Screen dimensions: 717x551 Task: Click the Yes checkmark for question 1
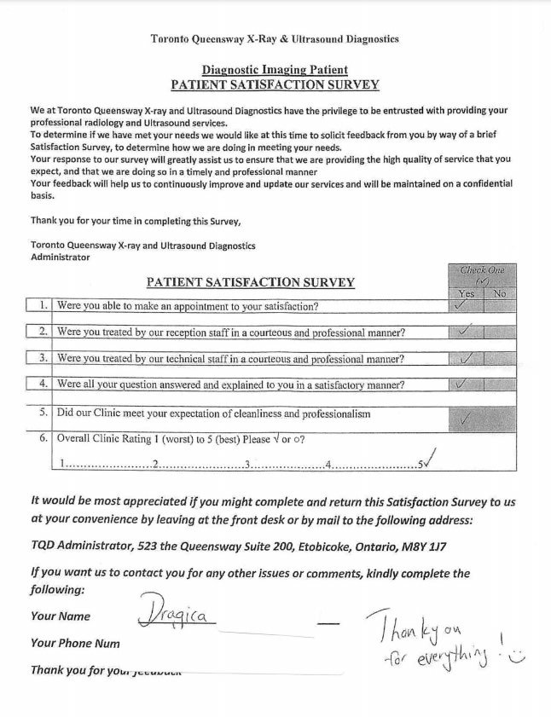(x=462, y=305)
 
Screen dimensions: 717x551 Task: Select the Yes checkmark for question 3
(x=465, y=358)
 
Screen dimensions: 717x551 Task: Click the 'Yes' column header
(x=466, y=293)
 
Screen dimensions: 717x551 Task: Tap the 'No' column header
(x=499, y=293)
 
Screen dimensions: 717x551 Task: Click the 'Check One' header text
(x=482, y=270)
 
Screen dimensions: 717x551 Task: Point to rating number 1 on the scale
(x=62, y=465)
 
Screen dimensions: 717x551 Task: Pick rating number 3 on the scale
(x=246, y=465)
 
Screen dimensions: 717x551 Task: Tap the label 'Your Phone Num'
(x=75, y=643)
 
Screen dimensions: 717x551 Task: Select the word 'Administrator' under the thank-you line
(x=60, y=257)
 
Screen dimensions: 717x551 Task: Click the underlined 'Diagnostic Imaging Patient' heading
(x=275, y=70)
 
